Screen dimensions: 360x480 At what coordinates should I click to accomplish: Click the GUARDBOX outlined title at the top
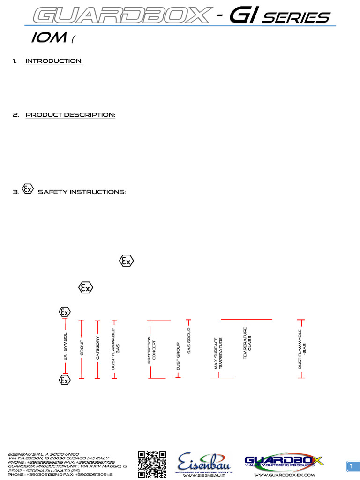[x=120, y=15]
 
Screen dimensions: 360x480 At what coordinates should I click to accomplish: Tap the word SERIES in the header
[x=296, y=17]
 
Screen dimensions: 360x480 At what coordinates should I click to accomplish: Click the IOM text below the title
[x=48, y=38]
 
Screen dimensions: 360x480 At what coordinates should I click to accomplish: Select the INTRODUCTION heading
[x=54, y=61]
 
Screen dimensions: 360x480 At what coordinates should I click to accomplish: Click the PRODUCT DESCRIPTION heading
[x=70, y=115]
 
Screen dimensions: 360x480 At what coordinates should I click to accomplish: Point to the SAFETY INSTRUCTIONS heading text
[x=82, y=192]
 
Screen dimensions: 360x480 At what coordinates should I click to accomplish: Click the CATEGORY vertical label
[x=97, y=347]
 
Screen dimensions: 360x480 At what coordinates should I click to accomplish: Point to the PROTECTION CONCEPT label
[x=151, y=350]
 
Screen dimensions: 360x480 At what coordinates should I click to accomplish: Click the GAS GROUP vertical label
[x=189, y=341]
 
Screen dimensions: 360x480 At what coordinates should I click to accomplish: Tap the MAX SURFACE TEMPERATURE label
[x=218, y=353]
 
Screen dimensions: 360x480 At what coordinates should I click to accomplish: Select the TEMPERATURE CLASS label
[x=247, y=347]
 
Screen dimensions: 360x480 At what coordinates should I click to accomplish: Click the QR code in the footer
[x=152, y=464]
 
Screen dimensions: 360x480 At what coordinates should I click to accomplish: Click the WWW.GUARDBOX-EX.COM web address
[x=284, y=475]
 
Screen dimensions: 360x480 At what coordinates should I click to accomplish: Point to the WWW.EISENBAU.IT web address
[x=203, y=475]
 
